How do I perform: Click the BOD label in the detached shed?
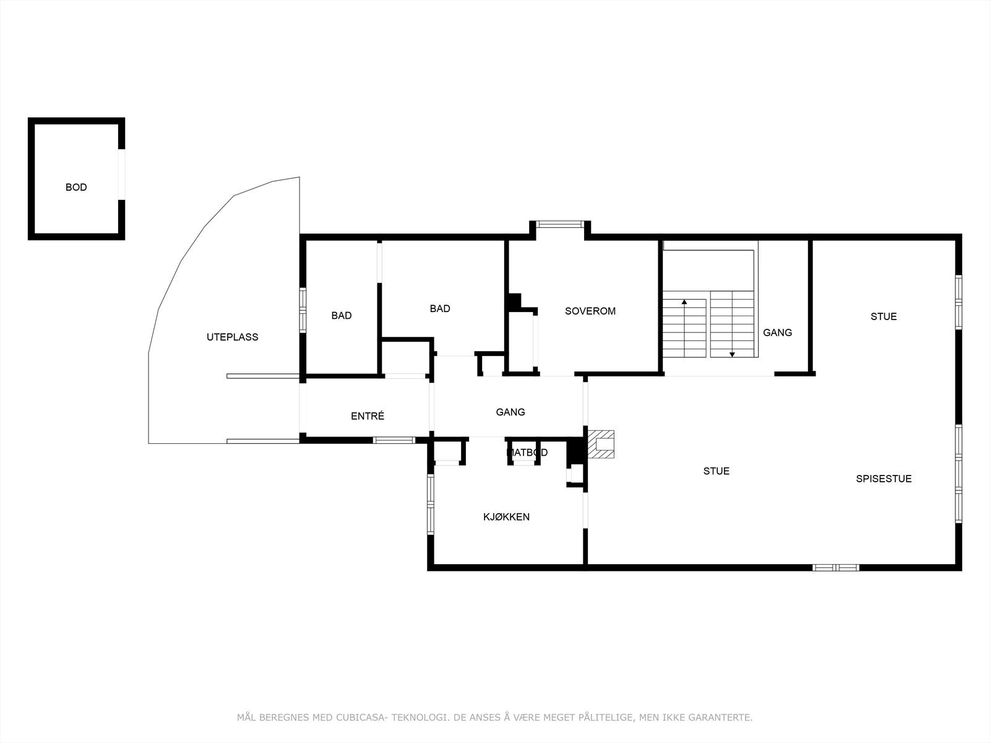[76, 187]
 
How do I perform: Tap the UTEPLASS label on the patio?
[232, 337]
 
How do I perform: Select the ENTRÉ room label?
[368, 416]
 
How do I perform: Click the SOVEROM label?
[590, 311]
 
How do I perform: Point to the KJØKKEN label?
[506, 517]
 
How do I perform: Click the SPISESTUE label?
[884, 479]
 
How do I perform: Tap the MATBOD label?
[527, 453]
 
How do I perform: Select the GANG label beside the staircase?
[777, 332]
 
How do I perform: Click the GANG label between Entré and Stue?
[510, 412]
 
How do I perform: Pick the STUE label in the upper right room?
[883, 316]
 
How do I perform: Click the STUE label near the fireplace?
[716, 471]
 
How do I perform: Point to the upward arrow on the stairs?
[684, 302]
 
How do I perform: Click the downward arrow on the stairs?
[732, 354]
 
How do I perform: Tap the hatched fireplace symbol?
[601, 445]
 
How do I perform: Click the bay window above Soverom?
[559, 224]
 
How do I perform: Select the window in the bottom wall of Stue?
[835, 567]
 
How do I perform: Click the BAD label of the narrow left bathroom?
[341, 316]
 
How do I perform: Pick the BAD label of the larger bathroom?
[440, 308]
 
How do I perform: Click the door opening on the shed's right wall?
[122, 174]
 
